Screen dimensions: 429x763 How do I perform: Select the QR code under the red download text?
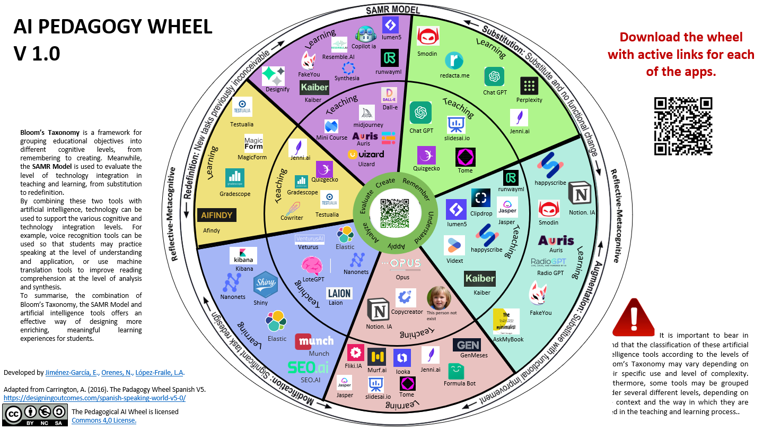[x=682, y=126]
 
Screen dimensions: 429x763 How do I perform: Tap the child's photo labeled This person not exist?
[x=438, y=298]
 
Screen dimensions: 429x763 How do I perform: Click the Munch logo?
[x=314, y=341]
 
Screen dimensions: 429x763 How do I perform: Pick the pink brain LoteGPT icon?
[x=312, y=265]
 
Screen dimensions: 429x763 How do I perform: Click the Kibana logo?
[x=243, y=256]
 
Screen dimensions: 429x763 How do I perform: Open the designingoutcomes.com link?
[x=94, y=398]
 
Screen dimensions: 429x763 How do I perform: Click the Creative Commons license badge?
[x=35, y=414]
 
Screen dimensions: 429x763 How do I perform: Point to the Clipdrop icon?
[x=480, y=199]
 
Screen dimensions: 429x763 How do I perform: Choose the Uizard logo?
[x=366, y=154]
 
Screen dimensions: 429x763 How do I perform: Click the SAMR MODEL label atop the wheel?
[x=393, y=10]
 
